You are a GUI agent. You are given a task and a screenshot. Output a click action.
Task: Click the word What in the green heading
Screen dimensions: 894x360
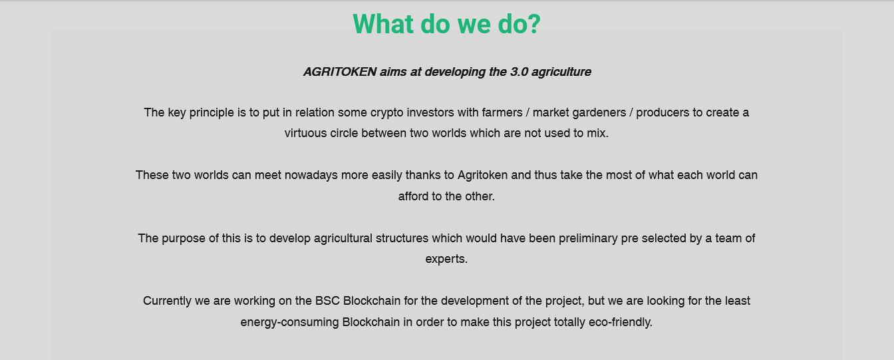383,24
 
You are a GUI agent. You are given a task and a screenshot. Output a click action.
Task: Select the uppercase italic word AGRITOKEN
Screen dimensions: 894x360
340,72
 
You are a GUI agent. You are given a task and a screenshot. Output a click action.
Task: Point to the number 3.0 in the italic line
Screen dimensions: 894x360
519,72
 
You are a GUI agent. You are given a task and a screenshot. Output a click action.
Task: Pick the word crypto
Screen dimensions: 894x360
386,113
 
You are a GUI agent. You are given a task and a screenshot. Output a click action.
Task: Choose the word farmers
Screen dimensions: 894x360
502,112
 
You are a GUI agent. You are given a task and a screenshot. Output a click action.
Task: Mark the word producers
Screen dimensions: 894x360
663,113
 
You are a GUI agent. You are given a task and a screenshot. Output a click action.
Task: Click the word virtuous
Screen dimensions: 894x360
305,133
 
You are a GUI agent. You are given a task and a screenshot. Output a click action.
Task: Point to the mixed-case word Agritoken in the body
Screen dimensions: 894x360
482,175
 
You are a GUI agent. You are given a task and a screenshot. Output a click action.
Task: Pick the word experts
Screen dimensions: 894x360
446,260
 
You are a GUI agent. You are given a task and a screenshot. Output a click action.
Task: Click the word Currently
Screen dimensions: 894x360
167,301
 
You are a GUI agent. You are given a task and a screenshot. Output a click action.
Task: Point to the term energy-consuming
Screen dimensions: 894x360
289,322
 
